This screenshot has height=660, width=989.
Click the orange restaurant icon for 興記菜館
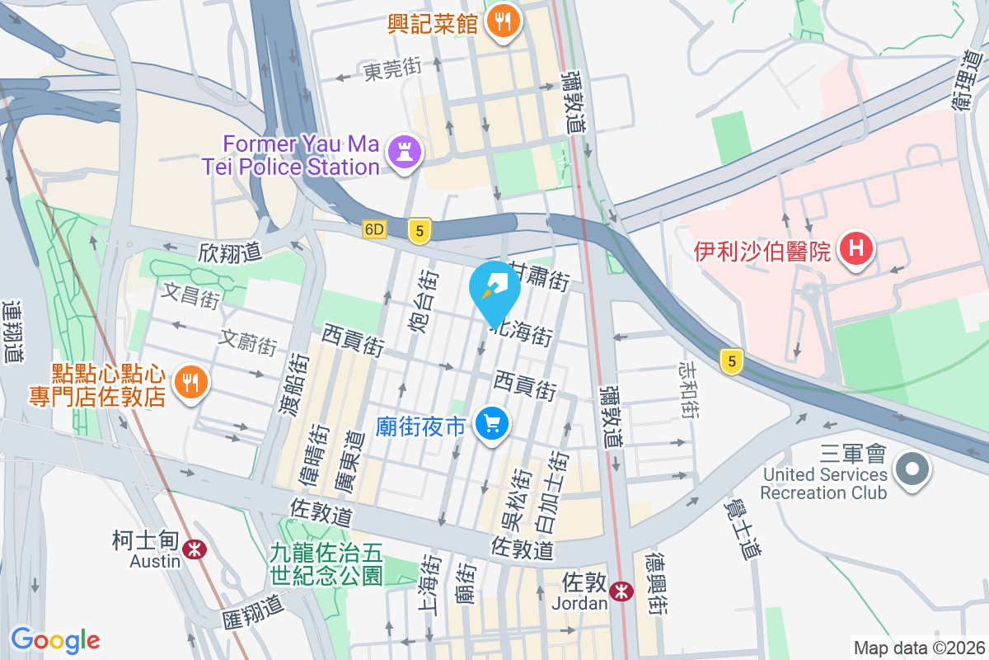[x=502, y=20]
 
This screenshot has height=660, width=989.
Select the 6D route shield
[x=374, y=229]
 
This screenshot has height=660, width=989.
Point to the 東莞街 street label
[x=392, y=73]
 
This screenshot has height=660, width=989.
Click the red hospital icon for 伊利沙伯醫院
[x=856, y=248]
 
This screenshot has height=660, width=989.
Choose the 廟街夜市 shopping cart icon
[x=493, y=425]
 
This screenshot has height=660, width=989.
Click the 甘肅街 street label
[x=538, y=277]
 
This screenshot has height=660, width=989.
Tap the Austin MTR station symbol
[x=195, y=549]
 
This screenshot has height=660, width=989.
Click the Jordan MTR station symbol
[x=621, y=591]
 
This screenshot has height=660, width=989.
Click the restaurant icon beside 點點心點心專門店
[x=191, y=382]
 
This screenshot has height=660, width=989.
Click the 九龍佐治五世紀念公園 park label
[x=327, y=561]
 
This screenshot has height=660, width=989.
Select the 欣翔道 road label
[x=228, y=253]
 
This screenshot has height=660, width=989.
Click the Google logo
[x=56, y=640]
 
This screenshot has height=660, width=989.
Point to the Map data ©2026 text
[x=918, y=648]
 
